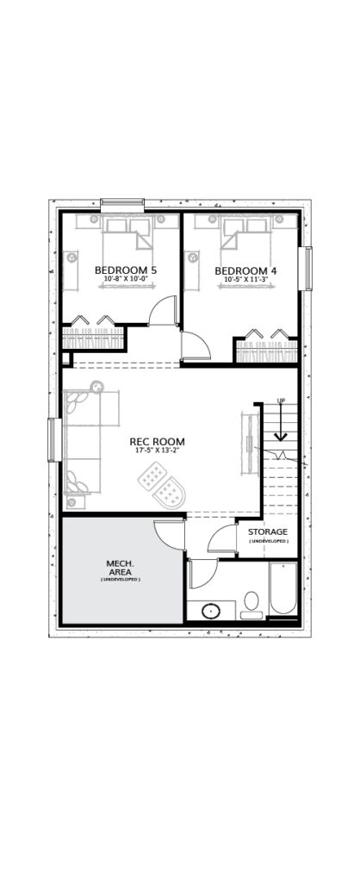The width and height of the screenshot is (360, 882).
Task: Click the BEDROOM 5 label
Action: point(126,270)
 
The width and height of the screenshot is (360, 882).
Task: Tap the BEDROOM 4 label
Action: point(245,271)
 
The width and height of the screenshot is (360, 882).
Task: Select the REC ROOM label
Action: point(157,442)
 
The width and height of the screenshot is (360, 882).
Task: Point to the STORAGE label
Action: point(269,531)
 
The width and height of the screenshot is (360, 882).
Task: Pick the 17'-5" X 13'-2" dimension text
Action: point(157,450)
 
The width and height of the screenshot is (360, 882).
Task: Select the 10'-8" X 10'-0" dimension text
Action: point(126,279)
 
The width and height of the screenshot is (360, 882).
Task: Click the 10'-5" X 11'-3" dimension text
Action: point(245,280)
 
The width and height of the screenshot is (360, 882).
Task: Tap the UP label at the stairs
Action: point(282,401)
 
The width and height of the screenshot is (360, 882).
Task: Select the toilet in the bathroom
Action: point(251,606)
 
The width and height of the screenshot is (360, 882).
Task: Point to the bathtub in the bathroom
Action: point(283,589)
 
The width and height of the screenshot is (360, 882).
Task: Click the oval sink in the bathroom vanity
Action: point(212,611)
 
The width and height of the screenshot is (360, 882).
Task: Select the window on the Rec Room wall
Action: point(54,440)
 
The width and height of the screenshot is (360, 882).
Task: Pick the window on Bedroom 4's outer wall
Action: point(308,269)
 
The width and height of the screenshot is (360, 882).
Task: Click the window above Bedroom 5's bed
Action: point(122,205)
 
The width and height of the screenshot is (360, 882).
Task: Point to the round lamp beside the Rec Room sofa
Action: point(96,387)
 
